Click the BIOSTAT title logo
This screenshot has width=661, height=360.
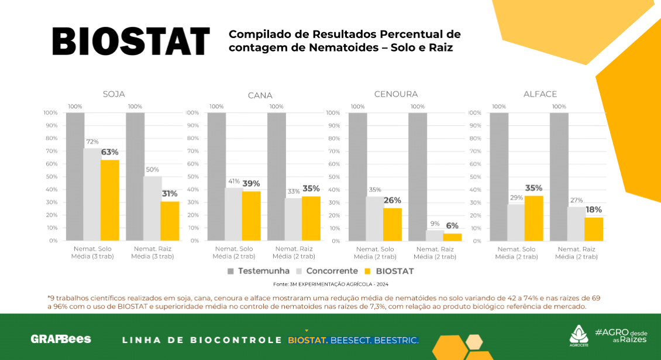(x=130, y=41)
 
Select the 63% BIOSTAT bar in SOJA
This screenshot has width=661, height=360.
(x=110, y=200)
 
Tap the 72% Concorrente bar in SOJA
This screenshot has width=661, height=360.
(x=92, y=194)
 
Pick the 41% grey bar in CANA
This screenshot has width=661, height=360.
(x=233, y=214)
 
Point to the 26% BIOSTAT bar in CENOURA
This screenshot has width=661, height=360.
(x=393, y=224)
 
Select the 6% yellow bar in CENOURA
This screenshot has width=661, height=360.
(x=452, y=237)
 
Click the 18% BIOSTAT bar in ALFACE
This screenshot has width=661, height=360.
(x=594, y=229)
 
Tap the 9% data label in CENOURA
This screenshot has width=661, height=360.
(x=435, y=224)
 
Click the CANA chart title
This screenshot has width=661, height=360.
(x=260, y=95)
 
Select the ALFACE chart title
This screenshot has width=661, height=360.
(x=540, y=94)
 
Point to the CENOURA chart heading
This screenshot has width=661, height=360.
(x=396, y=94)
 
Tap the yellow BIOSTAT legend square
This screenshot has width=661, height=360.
(x=367, y=271)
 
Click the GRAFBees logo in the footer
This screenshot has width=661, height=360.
(x=61, y=339)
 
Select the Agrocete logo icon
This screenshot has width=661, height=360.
(x=578, y=334)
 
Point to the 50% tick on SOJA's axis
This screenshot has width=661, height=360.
(x=51, y=177)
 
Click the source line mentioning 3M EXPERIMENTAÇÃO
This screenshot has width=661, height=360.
(x=330, y=284)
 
